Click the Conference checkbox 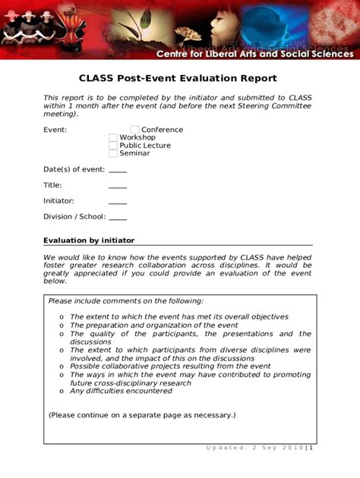click(x=135, y=130)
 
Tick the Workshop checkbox click(x=113, y=137)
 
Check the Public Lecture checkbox click(x=113, y=146)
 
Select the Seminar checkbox click(x=113, y=153)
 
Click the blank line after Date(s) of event click(x=118, y=171)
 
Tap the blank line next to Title click(x=118, y=187)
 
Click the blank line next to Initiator click(x=118, y=203)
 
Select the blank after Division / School click(x=118, y=219)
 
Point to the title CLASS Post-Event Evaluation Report click(x=178, y=78)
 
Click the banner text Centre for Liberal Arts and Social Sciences click(x=254, y=54)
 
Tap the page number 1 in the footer click(x=311, y=447)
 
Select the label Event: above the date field click(x=55, y=130)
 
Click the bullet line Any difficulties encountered click(x=121, y=391)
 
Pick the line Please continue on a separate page click(x=142, y=415)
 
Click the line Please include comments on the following click(x=126, y=301)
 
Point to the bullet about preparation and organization click(x=153, y=325)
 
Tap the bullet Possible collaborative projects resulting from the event click(x=170, y=366)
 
